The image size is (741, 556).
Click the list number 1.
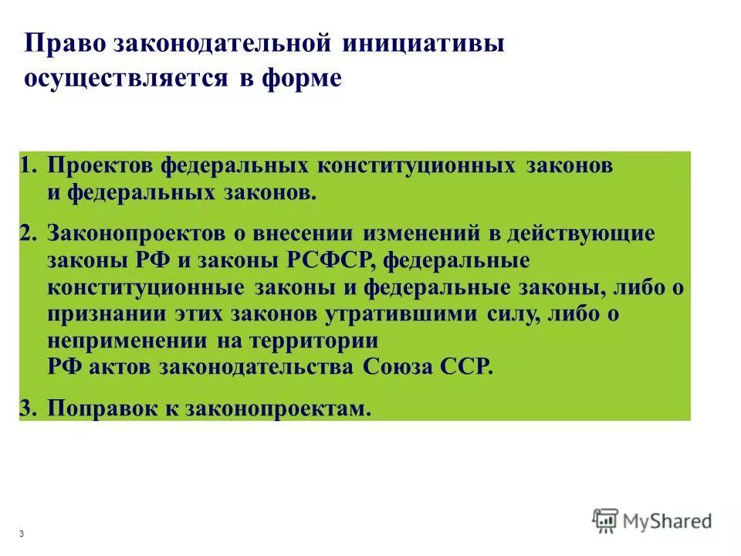[27, 167]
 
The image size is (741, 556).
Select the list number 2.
[28, 233]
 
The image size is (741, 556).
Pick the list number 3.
[28, 409]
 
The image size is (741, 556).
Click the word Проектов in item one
[100, 167]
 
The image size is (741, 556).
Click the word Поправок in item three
[103, 409]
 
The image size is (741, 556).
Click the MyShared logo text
[669, 521]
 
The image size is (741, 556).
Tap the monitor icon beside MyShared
[606, 521]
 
